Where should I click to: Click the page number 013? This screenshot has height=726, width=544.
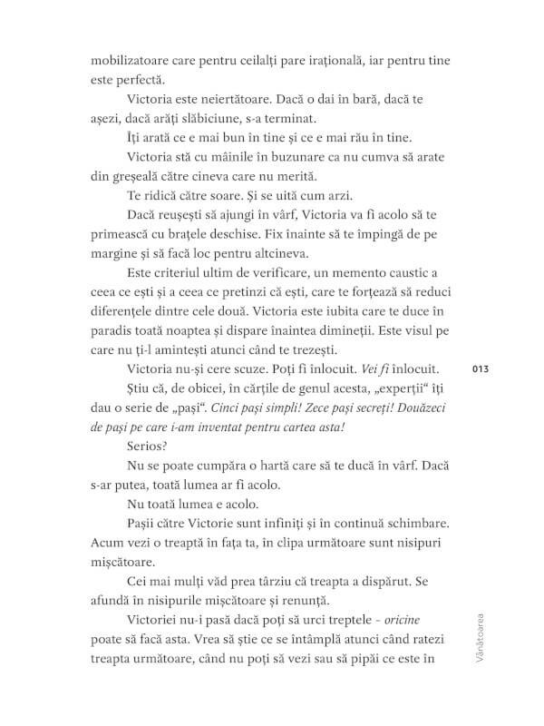tap(481, 368)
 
